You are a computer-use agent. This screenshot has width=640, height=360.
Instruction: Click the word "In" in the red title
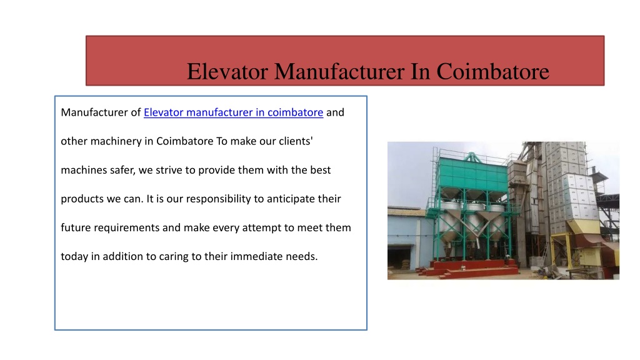point(420,71)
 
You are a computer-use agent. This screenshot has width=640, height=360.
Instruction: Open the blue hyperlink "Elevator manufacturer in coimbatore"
point(234,112)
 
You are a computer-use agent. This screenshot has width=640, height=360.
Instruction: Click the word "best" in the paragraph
point(321,170)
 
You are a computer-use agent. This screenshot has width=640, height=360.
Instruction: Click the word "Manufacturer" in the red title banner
point(339,71)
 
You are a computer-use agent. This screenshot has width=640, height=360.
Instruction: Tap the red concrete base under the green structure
point(469,269)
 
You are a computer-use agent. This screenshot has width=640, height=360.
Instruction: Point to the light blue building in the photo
point(408,237)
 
